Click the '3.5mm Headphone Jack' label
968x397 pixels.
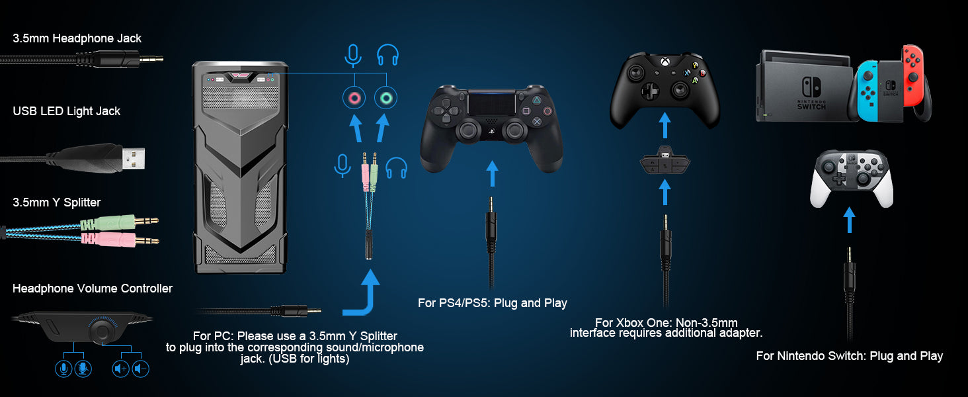[x=77, y=38]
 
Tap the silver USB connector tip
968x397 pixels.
[x=134, y=158]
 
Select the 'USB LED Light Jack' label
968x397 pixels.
[x=67, y=112]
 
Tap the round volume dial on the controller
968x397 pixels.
[x=102, y=331]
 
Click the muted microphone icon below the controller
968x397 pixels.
[x=83, y=369]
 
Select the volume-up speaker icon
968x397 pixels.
[x=120, y=369]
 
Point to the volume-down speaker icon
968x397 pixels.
[x=140, y=369]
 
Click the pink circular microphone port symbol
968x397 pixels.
[x=354, y=98]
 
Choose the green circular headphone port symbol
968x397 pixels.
[x=386, y=98]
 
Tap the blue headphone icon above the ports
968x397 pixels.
[x=387, y=55]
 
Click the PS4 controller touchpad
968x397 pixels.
[x=492, y=104]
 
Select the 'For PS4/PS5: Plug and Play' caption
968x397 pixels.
[x=492, y=303]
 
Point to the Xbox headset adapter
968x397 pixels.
[x=665, y=161]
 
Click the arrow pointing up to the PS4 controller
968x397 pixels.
[x=492, y=173]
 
